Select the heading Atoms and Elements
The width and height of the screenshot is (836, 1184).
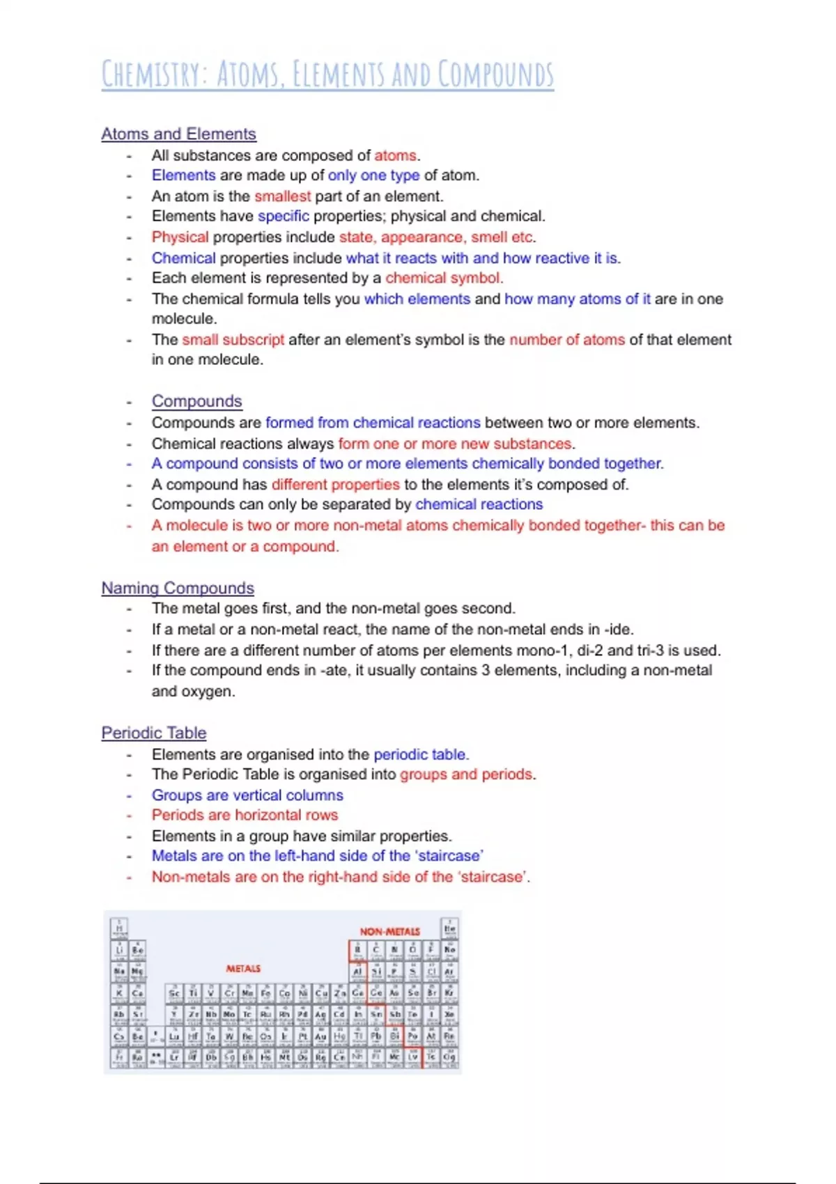pyautogui.click(x=178, y=134)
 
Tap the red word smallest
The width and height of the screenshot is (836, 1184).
pyautogui.click(x=282, y=196)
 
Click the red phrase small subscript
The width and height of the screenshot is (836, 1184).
pyautogui.click(x=233, y=340)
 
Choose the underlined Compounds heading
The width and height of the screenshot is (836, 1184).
pyautogui.click(x=196, y=401)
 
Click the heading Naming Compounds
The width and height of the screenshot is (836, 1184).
pyautogui.click(x=178, y=588)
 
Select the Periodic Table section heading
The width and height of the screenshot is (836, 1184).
pyautogui.click(x=153, y=733)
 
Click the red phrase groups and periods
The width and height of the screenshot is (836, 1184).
pyautogui.click(x=466, y=774)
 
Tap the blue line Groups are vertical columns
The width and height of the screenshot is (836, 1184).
pyautogui.click(x=247, y=795)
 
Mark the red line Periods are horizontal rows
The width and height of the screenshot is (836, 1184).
pyautogui.click(x=245, y=815)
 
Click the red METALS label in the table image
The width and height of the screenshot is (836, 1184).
pyautogui.click(x=243, y=969)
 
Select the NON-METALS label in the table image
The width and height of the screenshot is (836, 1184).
pyautogui.click(x=389, y=931)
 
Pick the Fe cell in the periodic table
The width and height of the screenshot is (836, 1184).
pyautogui.click(x=265, y=994)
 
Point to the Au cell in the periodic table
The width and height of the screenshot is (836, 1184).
pyautogui.click(x=320, y=1037)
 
